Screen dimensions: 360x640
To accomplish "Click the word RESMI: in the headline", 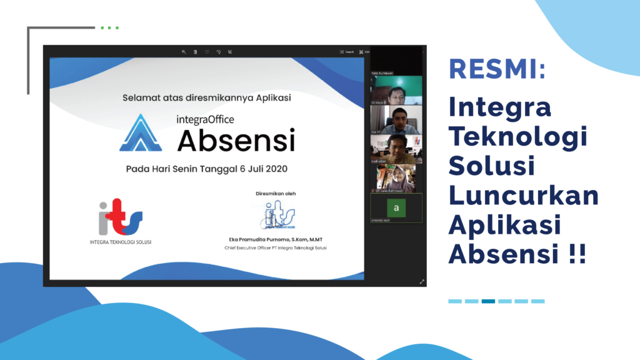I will tap(497, 69).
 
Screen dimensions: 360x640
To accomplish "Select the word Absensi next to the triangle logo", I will tap(236, 140).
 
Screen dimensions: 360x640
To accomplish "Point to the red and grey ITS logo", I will tap(120, 217).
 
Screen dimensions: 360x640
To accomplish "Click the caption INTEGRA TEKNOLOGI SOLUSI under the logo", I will tap(121, 242).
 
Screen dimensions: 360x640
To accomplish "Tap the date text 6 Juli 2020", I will tap(270, 169).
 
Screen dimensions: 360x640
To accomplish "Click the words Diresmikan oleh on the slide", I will tap(276, 194).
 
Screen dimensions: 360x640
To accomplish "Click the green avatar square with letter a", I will tap(396, 206).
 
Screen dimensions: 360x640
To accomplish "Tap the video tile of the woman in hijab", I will tap(396, 178).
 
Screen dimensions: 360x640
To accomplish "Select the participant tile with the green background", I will tap(396, 91).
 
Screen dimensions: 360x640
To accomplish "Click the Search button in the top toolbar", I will tap(347, 52).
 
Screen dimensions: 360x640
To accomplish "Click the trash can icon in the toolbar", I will tap(195, 52).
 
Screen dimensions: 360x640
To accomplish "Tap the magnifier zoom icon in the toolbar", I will tap(184, 52).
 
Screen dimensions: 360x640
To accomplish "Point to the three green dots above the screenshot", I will tap(109, 27).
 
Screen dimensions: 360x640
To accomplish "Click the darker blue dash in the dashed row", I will tap(488, 301).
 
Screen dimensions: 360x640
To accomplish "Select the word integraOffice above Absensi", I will tap(206, 117).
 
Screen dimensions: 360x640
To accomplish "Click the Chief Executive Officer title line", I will tap(276, 248).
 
